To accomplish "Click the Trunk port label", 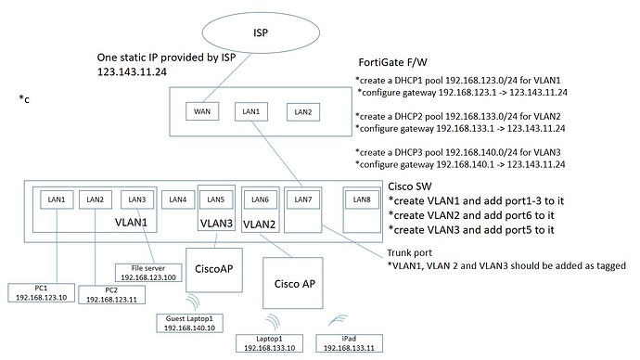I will click(408, 249).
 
